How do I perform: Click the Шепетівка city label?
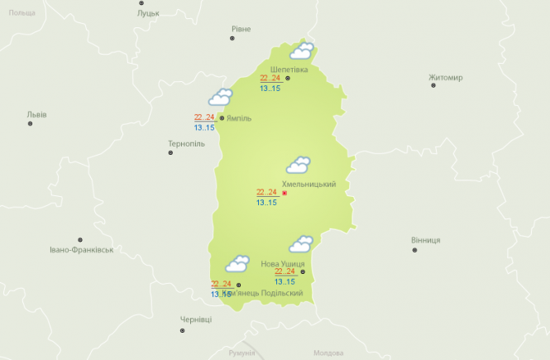click(x=289, y=70)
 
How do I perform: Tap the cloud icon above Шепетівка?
click(x=301, y=51)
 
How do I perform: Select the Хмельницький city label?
click(x=308, y=184)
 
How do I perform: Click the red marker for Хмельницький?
click(x=285, y=194)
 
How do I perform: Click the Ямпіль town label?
click(x=239, y=118)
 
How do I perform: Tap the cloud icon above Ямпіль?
click(x=220, y=98)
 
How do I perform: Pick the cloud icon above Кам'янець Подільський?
click(x=238, y=264)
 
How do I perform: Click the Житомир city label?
click(x=446, y=78)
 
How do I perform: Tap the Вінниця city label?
click(x=425, y=240)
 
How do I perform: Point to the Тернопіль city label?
click(x=186, y=143)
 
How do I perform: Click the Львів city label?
click(x=37, y=114)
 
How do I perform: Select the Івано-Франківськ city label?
click(x=80, y=249)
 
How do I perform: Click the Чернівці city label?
click(x=196, y=319)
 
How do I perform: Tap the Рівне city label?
click(x=241, y=29)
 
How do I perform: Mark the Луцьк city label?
click(x=149, y=14)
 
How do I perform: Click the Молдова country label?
click(x=328, y=353)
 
